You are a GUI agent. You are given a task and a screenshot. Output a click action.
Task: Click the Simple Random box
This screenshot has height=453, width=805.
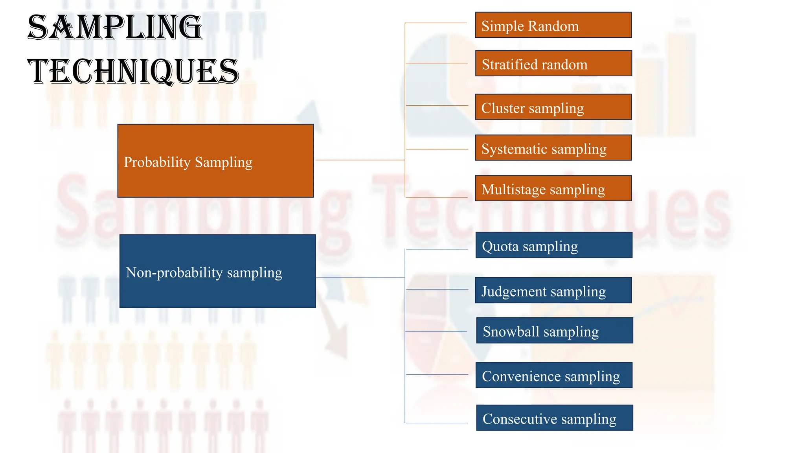click(x=553, y=25)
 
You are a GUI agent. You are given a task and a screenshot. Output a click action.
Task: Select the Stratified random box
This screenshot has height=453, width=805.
click(x=553, y=63)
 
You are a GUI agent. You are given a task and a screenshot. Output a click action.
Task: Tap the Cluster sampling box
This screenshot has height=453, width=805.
click(x=553, y=107)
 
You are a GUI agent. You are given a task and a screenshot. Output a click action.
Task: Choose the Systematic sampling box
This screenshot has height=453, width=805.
click(x=553, y=148)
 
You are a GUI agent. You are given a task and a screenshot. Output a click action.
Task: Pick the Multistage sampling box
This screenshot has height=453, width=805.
click(x=553, y=188)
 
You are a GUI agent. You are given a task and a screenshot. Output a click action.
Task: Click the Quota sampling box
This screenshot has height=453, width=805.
click(x=553, y=245)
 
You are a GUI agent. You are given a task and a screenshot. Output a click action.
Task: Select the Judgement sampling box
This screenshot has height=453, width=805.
click(x=553, y=290)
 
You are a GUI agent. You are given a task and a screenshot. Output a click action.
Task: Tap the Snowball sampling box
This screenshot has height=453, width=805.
click(x=554, y=330)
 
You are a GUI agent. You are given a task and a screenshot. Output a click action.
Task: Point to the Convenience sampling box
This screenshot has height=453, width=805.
click(x=553, y=375)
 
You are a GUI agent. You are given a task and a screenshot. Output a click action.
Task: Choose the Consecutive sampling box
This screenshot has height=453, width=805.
click(x=554, y=418)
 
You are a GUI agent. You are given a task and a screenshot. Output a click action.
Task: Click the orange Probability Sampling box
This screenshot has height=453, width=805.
click(x=215, y=161)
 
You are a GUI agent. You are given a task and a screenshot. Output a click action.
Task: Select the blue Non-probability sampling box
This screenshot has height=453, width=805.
click(x=217, y=271)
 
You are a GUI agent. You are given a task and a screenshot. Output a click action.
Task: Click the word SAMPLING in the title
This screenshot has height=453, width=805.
click(x=115, y=28)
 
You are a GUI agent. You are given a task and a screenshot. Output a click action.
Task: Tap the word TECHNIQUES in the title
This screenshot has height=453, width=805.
click(x=133, y=72)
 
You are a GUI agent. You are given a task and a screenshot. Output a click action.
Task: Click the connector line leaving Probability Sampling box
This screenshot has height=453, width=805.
click(x=360, y=160)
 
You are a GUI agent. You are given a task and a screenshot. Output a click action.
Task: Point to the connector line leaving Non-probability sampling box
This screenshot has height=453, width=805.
click(x=360, y=277)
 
